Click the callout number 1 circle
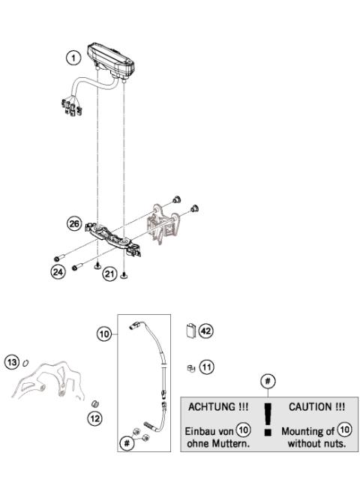point(72,57)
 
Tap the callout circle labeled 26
point(73,223)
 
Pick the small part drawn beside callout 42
point(190,331)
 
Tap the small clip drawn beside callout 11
point(191,368)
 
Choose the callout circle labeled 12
point(95,418)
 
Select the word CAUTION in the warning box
point(319,408)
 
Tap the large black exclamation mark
point(268,418)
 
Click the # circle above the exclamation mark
point(268,382)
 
